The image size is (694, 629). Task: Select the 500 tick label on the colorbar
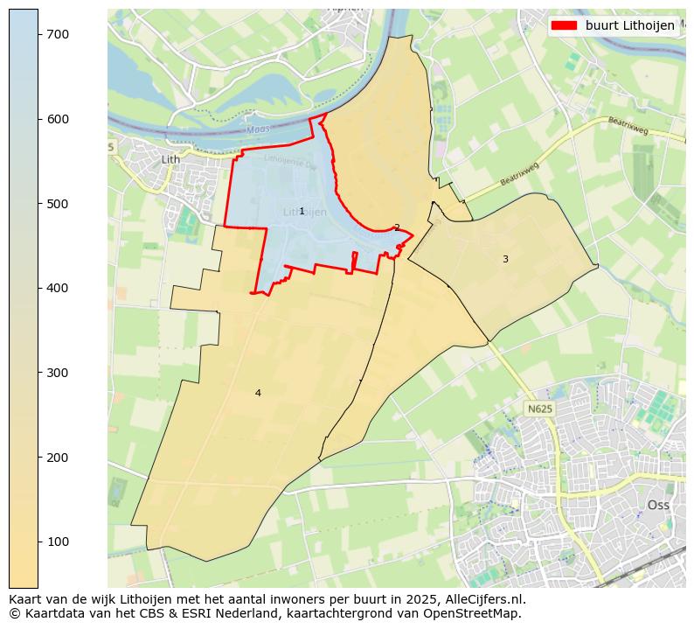point(58,204)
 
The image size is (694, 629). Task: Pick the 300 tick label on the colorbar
point(58,373)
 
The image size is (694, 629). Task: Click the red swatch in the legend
point(565,25)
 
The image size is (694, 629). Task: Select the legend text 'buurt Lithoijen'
point(629,25)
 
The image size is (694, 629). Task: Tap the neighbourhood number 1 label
point(302,211)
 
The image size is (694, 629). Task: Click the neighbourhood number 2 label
point(397,227)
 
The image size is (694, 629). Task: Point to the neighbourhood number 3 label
point(504,259)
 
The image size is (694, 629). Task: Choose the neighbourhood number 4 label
point(257,393)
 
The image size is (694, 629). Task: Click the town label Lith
point(170,159)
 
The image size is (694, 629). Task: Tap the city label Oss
point(657,505)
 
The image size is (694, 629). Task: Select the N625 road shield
point(539,409)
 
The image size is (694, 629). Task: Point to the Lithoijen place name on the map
point(305,212)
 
